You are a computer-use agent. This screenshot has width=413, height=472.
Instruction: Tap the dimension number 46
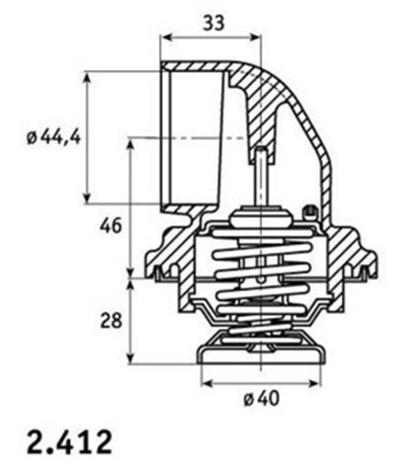111,226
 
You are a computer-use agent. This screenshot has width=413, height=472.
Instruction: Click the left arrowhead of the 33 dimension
166,37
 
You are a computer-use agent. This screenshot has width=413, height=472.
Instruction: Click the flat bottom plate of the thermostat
260,359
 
